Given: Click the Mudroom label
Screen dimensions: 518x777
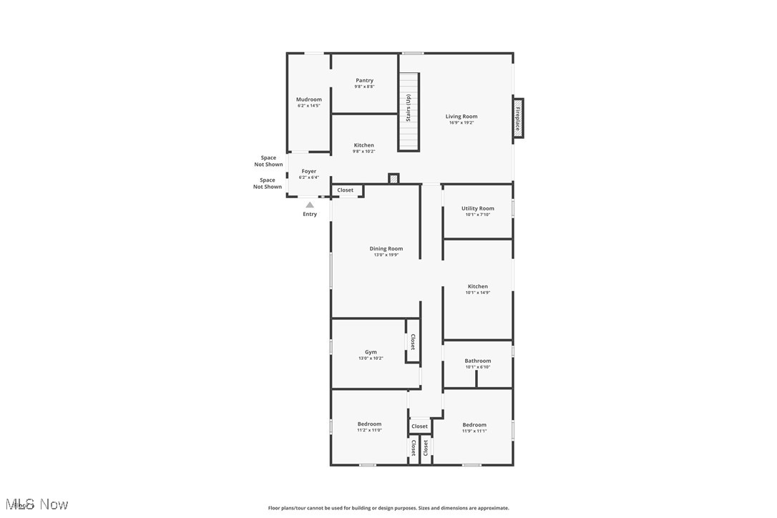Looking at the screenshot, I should pyautogui.click(x=309, y=99).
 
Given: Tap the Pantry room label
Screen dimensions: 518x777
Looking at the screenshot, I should pyautogui.click(x=364, y=81).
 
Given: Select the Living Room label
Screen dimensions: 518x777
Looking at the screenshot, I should pyautogui.click(x=461, y=117).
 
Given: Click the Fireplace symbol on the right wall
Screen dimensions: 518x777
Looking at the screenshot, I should pyautogui.click(x=519, y=118).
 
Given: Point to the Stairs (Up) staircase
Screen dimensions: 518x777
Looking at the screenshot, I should pyautogui.click(x=409, y=111).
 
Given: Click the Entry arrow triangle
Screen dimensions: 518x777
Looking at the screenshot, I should pyautogui.click(x=310, y=205).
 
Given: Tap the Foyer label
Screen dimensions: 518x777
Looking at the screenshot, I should pyautogui.click(x=309, y=172).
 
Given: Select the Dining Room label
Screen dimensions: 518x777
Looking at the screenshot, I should pyautogui.click(x=386, y=249).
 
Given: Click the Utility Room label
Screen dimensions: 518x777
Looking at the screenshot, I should pyautogui.click(x=478, y=209).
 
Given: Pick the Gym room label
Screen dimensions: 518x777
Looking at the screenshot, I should pyautogui.click(x=371, y=352).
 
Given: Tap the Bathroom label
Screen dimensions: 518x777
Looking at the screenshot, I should pyautogui.click(x=478, y=361).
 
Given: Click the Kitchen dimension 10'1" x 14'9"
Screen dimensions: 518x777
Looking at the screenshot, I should pyautogui.click(x=478, y=293).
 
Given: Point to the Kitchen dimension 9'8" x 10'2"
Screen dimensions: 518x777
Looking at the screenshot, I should pyautogui.click(x=364, y=152).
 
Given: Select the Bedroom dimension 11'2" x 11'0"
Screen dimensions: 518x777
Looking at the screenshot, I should pyautogui.click(x=370, y=430).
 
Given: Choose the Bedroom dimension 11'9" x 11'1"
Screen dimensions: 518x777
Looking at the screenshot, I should pyautogui.click(x=474, y=431).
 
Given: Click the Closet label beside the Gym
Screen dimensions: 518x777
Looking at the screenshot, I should pyautogui.click(x=413, y=341).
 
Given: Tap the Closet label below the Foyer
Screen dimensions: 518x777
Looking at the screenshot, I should pyautogui.click(x=346, y=190).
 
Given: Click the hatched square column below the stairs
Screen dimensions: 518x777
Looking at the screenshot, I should pyautogui.click(x=394, y=178).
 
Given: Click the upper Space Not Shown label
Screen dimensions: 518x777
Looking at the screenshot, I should pyautogui.click(x=268, y=161).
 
